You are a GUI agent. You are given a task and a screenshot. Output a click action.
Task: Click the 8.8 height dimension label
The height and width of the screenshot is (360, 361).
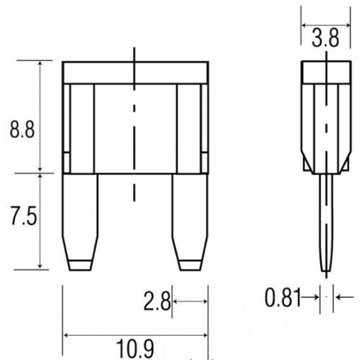[22, 129]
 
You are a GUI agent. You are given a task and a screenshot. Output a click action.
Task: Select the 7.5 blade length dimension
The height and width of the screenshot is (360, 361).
[23, 216]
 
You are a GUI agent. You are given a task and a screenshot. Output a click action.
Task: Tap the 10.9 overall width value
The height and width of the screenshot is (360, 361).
[135, 349]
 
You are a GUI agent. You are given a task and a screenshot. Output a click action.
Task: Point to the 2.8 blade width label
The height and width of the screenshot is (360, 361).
[156, 300]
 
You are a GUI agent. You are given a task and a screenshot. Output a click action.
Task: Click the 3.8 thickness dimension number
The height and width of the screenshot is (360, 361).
[326, 38]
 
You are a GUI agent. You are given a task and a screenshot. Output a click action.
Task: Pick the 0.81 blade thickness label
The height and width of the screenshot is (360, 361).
[283, 297]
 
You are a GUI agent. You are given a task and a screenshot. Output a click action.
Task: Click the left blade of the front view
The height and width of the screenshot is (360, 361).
[80, 222]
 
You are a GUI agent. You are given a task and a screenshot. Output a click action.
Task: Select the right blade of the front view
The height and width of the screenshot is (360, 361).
[190, 222]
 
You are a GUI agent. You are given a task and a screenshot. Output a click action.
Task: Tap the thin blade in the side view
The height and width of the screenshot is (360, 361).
[326, 223]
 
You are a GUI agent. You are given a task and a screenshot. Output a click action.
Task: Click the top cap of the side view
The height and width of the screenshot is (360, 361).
[326, 72]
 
